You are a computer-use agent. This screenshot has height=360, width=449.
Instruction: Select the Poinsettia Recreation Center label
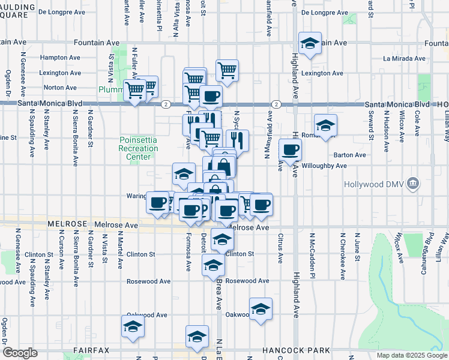138,148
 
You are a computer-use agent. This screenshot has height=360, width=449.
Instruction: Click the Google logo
20,353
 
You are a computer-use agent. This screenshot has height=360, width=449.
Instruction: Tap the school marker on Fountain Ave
310,44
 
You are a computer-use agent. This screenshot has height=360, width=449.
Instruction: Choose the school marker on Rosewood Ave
213,265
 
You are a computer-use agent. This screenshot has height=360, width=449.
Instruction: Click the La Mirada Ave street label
404,59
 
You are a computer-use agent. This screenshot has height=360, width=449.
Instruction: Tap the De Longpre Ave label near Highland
323,12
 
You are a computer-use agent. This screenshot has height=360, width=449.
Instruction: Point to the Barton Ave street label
351,155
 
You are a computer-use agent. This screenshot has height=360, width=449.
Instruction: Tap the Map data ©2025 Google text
411,355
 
